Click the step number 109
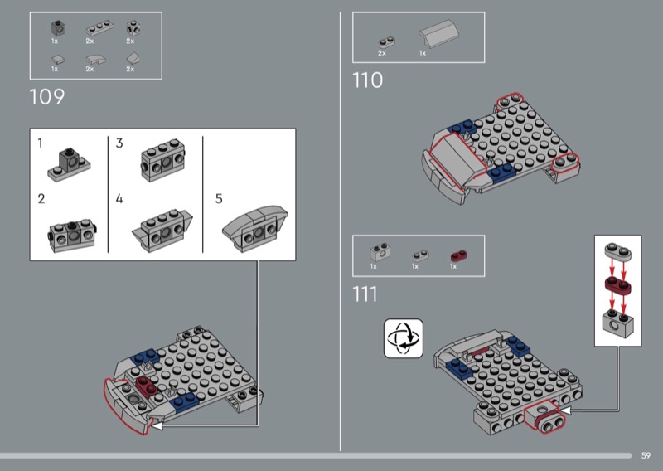pyautogui.click(x=47, y=97)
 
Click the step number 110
pyautogui.click(x=367, y=80)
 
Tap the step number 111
pyautogui.click(x=365, y=294)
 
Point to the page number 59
pyautogui.click(x=646, y=455)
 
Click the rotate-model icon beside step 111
pyautogui.click(x=404, y=338)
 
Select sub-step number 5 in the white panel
pyautogui.click(x=219, y=198)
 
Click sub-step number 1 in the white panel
pyautogui.click(x=40, y=143)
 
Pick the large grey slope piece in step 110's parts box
pyautogui.click(x=439, y=33)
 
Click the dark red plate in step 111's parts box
pyautogui.click(x=459, y=256)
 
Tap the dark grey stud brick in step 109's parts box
pyautogui.click(x=58, y=28)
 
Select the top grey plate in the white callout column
pyautogui.click(x=617, y=251)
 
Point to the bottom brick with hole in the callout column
pyautogui.click(x=617, y=323)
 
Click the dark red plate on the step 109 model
pyautogui.click(x=147, y=385)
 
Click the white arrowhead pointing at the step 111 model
pyautogui.click(x=565, y=410)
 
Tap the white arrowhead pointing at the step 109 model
pyautogui.click(x=157, y=425)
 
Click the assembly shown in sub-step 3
pyautogui.click(x=163, y=160)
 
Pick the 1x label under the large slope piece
pyautogui.click(x=423, y=53)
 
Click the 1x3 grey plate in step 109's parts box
pyautogui.click(x=99, y=28)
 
